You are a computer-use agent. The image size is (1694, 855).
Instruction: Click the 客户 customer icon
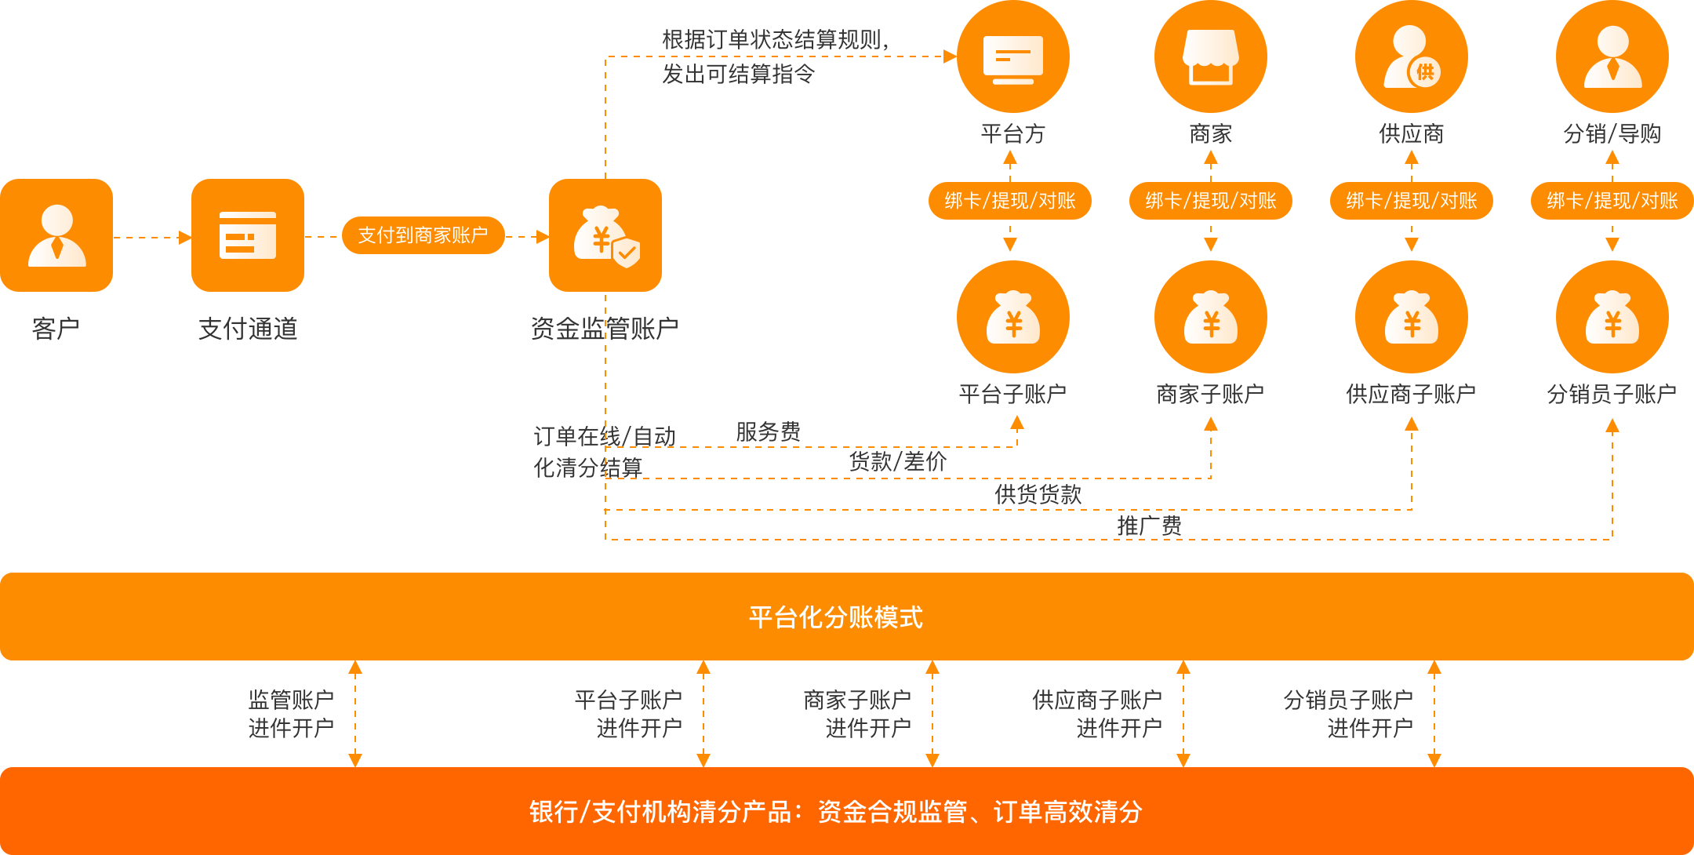(56, 235)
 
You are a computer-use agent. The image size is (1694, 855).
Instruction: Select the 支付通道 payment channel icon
(248, 235)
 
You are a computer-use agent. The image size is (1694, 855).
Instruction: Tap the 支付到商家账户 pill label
(423, 235)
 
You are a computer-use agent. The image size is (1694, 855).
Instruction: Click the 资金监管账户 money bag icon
(605, 235)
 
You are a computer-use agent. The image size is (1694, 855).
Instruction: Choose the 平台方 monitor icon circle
(1012, 56)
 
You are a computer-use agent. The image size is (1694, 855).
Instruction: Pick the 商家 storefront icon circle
(1210, 56)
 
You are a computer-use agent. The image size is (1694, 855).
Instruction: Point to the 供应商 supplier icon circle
(1411, 56)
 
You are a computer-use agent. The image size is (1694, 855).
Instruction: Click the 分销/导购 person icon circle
(1612, 56)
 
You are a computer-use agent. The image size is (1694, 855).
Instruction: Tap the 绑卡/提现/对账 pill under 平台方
(1010, 201)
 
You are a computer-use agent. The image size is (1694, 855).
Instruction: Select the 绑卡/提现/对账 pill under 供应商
(1412, 201)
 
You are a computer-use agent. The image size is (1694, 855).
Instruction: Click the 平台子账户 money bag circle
(1012, 317)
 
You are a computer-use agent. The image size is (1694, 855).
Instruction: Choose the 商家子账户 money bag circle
(1210, 317)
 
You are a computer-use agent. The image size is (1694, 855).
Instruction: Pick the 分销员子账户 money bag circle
(1612, 317)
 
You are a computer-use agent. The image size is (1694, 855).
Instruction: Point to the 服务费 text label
(768, 431)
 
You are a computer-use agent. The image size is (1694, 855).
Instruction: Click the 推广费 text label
(1149, 526)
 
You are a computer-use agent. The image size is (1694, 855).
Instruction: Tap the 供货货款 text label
(1038, 494)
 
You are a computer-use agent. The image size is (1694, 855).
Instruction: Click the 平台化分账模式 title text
(836, 617)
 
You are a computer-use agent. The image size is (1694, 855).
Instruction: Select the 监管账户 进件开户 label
(291, 714)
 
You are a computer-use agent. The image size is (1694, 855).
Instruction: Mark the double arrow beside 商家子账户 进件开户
(932, 714)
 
